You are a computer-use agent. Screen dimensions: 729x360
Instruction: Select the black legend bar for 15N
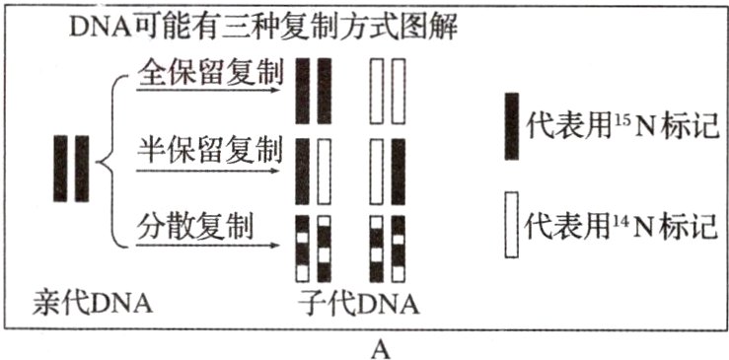[x=511, y=125]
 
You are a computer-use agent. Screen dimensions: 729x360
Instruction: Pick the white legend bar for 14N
[x=511, y=225]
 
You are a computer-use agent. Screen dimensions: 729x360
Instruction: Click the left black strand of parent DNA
[x=61, y=169]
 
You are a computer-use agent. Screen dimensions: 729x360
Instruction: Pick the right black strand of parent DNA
[x=82, y=169]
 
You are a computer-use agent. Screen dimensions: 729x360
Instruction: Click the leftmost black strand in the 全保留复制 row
[x=303, y=91]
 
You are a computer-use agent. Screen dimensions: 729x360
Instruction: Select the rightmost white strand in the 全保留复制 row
[x=399, y=91]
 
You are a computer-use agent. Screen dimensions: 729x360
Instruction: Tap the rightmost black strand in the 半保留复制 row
[x=399, y=169]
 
